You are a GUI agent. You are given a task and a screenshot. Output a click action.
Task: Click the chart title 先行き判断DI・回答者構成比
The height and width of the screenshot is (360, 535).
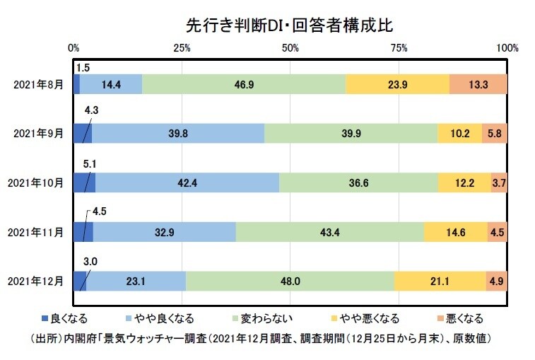(288, 24)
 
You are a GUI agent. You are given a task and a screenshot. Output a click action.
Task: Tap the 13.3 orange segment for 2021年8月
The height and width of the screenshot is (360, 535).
(478, 84)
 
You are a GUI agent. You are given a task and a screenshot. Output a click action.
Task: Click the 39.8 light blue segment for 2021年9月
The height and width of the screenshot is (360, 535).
(178, 133)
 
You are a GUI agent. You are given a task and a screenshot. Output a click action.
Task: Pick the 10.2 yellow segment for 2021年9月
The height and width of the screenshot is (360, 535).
(459, 133)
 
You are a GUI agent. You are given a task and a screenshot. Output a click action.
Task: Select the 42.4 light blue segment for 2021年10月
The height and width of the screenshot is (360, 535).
(187, 182)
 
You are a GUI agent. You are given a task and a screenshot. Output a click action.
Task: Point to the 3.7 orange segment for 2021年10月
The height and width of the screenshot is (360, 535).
(499, 182)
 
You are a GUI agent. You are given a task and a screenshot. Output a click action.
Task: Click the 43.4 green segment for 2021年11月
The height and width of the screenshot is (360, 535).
(330, 231)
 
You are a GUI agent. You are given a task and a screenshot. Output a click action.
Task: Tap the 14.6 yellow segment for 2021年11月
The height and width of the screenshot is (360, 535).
(456, 231)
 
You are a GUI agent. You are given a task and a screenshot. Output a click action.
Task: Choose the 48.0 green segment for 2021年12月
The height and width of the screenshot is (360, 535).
(290, 280)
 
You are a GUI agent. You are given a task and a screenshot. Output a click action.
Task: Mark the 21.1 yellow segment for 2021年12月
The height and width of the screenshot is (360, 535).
(440, 280)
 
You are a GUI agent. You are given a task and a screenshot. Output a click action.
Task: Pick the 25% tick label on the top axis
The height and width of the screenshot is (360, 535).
(182, 49)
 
